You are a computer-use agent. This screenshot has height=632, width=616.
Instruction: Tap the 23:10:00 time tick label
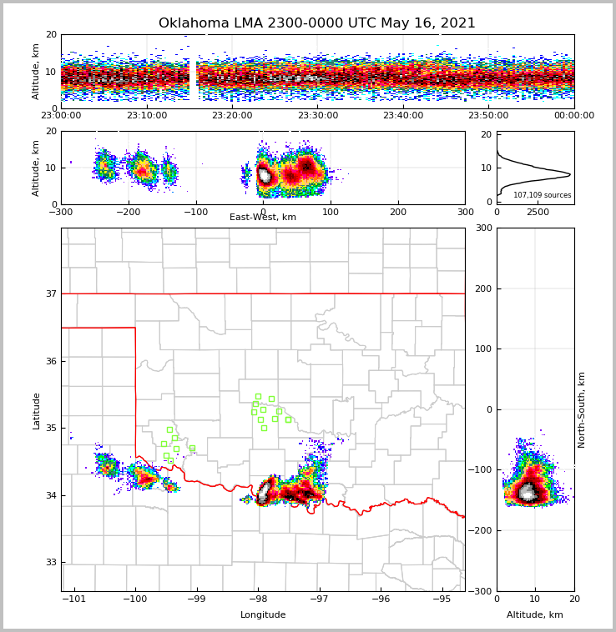[146, 116]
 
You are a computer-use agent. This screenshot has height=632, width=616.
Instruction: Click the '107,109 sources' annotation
[542, 195]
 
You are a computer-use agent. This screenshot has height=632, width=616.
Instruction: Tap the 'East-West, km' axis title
[263, 218]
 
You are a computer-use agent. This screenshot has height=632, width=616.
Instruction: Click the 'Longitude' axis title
[263, 615]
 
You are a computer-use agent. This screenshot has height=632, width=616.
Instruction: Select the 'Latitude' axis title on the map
[36, 410]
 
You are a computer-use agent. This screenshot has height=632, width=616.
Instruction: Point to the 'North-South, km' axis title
[582, 409]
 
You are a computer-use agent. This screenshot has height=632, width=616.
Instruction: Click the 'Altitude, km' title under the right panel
[535, 615]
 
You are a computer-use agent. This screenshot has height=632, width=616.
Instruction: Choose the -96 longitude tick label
[380, 599]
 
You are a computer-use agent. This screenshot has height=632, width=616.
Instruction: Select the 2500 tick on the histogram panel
[538, 212]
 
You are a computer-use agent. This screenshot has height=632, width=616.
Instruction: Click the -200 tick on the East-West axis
[128, 212]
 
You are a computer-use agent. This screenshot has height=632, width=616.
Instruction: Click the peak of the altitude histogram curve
[570, 174]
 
